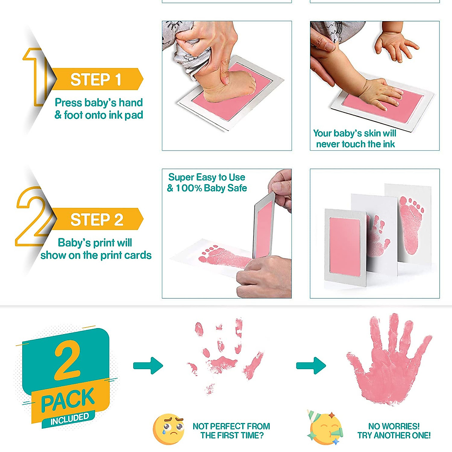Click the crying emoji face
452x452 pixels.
click(168, 429)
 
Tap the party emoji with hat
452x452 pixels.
click(325, 430)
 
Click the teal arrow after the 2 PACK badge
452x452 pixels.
click(148, 365)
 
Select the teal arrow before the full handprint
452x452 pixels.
click(311, 365)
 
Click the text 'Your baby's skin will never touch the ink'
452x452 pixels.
click(355, 139)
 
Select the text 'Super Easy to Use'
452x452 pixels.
click(206, 177)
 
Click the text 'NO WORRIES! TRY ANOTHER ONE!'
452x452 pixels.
click(394, 431)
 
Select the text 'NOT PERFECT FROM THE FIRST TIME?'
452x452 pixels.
click(231, 431)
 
